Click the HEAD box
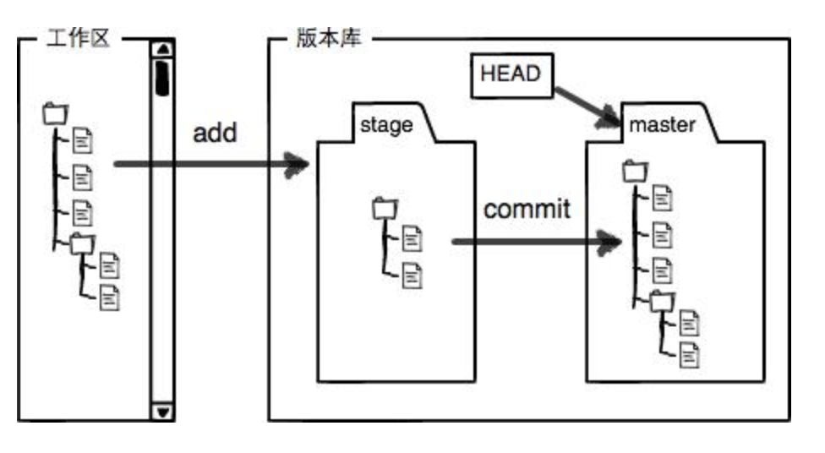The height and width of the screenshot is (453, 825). coord(510,74)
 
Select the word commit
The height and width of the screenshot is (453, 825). coord(527,209)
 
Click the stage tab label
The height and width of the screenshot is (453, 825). coord(386,125)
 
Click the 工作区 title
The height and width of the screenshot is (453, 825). coord(77,39)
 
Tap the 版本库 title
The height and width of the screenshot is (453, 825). coord(329,39)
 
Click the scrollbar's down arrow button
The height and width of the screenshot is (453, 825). coord(162,412)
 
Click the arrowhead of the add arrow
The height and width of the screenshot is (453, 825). coord(298,164)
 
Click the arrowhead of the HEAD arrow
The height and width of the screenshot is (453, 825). coord(609,121)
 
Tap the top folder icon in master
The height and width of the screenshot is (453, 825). coord(635,171)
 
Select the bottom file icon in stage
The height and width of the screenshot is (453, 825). coord(412,273)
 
